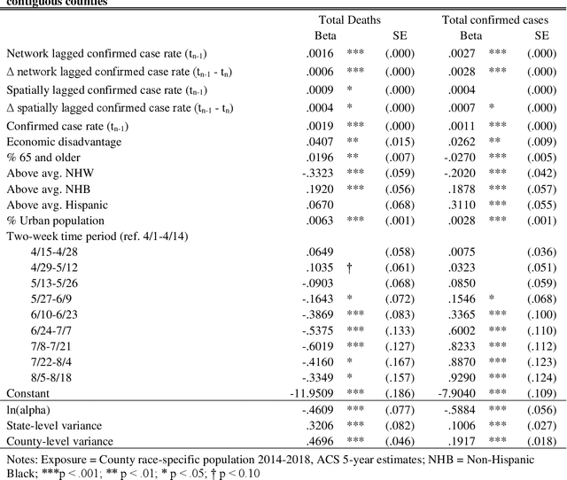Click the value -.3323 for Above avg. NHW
[x=314, y=173]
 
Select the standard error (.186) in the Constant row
[x=400, y=392]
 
